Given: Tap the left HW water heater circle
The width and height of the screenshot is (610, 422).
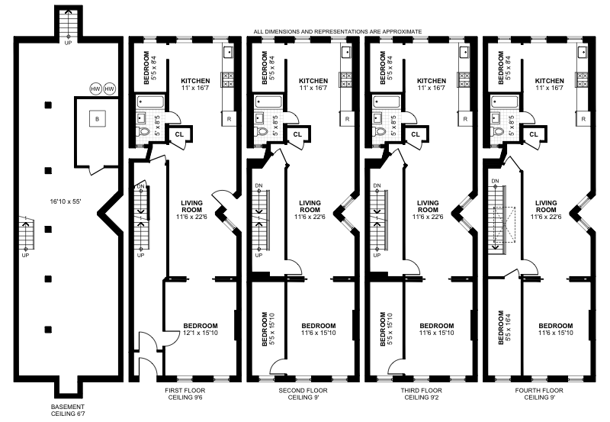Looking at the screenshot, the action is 96,89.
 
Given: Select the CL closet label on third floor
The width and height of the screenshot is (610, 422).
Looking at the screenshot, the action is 416,134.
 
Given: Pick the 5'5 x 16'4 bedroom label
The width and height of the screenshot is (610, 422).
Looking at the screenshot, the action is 502,328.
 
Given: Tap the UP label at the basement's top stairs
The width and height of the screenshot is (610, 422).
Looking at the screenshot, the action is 68,43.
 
